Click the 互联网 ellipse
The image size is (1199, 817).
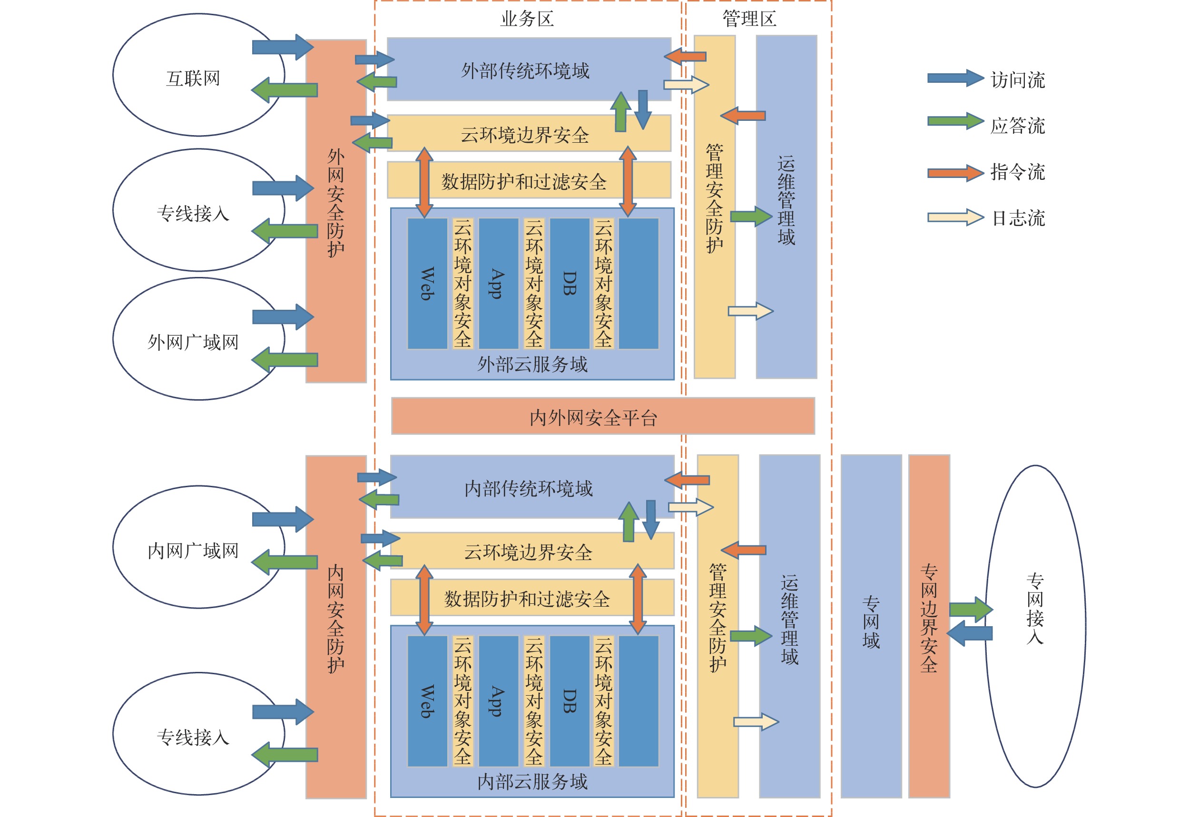[x=194, y=78]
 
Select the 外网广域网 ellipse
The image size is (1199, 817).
[x=194, y=341]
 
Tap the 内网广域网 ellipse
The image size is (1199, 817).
[x=194, y=550]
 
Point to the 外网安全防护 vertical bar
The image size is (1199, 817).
[x=336, y=212]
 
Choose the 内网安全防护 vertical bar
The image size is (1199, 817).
[x=336, y=627]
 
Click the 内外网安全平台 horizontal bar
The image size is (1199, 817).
[x=603, y=416]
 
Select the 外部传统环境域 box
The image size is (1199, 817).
[x=526, y=69]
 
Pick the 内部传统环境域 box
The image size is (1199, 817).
[x=529, y=487]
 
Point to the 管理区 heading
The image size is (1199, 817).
[x=749, y=19]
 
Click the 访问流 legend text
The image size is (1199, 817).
[x=1017, y=80]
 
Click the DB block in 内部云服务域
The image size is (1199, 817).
[x=570, y=701]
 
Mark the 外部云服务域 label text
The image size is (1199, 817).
[x=532, y=364]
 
